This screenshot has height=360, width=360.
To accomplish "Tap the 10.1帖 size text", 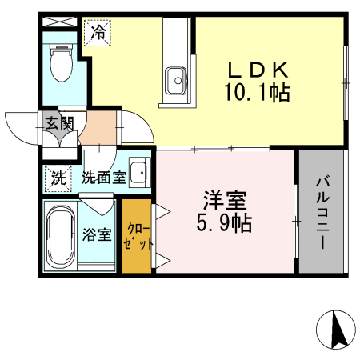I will [x=257, y=94].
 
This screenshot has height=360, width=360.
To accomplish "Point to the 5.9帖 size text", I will [x=225, y=222].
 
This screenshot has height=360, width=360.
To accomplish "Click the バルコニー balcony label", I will [x=323, y=212].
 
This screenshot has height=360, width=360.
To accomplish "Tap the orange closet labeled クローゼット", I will [x=137, y=236].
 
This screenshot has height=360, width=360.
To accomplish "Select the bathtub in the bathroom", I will [x=61, y=237].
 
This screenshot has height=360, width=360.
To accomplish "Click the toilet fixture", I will [x=60, y=60].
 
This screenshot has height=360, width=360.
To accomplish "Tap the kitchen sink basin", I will [x=176, y=80].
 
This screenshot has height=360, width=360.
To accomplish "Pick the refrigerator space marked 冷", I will [x=98, y=33].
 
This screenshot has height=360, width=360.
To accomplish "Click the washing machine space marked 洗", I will [x=58, y=178].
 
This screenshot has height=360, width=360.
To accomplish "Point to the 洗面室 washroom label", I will [x=102, y=178].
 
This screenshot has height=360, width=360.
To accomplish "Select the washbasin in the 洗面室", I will [x=138, y=172].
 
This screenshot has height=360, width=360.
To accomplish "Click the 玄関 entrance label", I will [x=58, y=123].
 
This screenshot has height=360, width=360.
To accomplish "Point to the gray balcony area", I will [x=322, y=240].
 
